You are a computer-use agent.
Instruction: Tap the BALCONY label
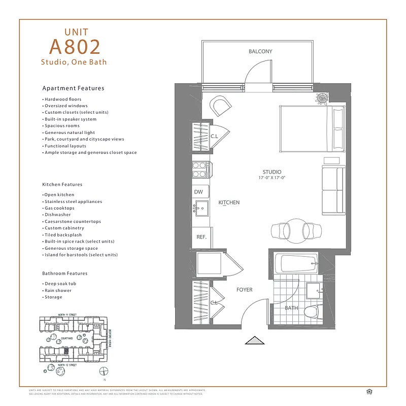coord(260,51)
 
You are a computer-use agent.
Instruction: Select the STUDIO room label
coord(272,172)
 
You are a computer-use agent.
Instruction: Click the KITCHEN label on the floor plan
coord(229,202)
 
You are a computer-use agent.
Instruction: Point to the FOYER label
coord(244,290)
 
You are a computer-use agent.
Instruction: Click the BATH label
coord(291,308)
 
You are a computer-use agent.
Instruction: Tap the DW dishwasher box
coord(199,192)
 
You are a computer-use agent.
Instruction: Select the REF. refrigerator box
coord(200,237)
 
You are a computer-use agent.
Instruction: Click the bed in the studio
coord(312,128)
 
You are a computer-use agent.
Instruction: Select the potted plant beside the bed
coord(321,98)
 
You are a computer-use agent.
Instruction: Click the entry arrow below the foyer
coord(255,340)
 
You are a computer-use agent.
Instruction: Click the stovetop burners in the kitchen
coord(200,169)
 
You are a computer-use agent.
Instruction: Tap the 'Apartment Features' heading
coord(73,88)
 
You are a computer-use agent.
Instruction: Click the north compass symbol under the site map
coord(104,370)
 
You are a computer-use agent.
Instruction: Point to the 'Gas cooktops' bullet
coord(59,208)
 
